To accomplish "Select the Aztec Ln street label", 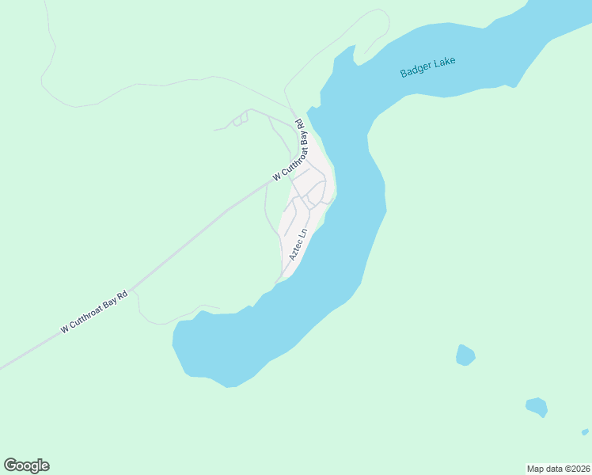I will (298, 245).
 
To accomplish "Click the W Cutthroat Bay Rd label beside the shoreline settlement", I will (289, 150).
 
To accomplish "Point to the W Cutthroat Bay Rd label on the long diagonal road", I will (94, 313).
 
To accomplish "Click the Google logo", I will (26, 465).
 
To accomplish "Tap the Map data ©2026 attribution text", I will (558, 468).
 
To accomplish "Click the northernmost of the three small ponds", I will (465, 355).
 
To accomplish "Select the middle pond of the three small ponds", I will (537, 407).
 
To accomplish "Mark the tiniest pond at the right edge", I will (585, 432).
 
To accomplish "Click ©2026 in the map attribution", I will (575, 468).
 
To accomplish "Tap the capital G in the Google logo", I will (10, 465).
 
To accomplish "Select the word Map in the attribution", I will (536, 468).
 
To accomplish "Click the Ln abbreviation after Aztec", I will (303, 235).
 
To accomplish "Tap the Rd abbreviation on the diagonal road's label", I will (122, 295).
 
